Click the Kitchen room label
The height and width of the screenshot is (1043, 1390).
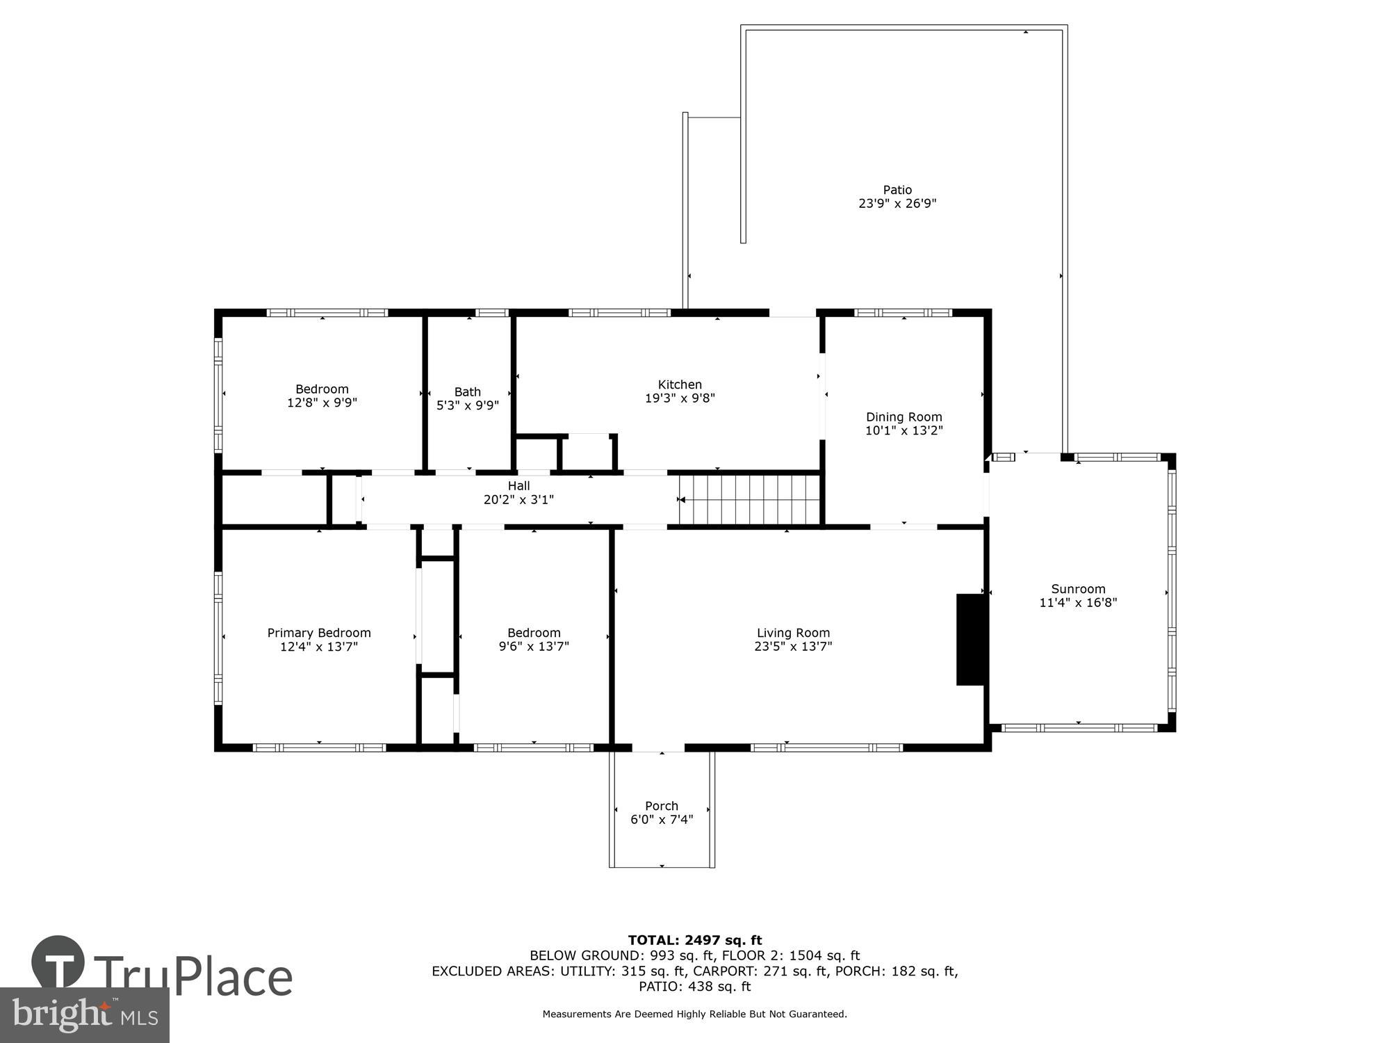pyautogui.click(x=680, y=385)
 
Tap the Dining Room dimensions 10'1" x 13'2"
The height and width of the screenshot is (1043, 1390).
pyautogui.click(x=903, y=430)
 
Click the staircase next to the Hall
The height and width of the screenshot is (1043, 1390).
pyautogui.click(x=751, y=499)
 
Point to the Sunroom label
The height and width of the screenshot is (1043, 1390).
pyautogui.click(x=1078, y=589)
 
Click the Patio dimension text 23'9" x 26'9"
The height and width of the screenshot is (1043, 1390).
pyautogui.click(x=897, y=204)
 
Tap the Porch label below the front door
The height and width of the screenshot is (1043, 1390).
pyautogui.click(x=662, y=806)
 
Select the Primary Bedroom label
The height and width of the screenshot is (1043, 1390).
pyautogui.click(x=319, y=633)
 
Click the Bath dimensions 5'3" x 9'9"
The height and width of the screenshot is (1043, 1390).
pyautogui.click(x=468, y=405)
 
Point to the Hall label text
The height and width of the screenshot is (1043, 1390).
pyautogui.click(x=518, y=486)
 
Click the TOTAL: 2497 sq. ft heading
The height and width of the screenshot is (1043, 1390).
pyautogui.click(x=695, y=941)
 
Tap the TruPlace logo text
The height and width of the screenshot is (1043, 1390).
pyautogui.click(x=193, y=977)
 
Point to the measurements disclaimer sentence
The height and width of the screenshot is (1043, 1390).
pyautogui.click(x=695, y=1014)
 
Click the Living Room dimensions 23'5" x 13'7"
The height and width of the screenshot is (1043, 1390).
pyautogui.click(x=793, y=646)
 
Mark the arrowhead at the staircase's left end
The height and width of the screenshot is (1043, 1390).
pyautogui.click(x=682, y=499)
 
